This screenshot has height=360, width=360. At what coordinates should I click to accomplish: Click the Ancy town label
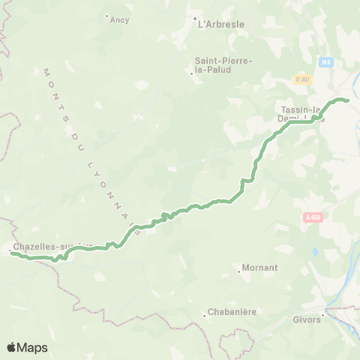click(x=120, y=20)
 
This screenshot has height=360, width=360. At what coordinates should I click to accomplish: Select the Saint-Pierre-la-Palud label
click(x=223, y=64)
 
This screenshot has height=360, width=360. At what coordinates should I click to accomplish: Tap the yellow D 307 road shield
click(x=302, y=79)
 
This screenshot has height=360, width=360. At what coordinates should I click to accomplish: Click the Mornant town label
click(x=260, y=268)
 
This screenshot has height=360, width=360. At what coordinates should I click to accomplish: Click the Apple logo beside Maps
click(x=12, y=347)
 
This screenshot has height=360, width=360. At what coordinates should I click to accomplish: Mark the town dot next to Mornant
click(x=238, y=271)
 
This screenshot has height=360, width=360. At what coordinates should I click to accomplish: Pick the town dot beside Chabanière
click(x=204, y=316)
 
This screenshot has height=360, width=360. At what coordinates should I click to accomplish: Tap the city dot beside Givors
click(x=323, y=316)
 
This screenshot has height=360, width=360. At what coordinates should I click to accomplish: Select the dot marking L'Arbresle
click(x=194, y=19)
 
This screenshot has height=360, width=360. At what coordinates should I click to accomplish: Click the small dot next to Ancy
click(x=106, y=16)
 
